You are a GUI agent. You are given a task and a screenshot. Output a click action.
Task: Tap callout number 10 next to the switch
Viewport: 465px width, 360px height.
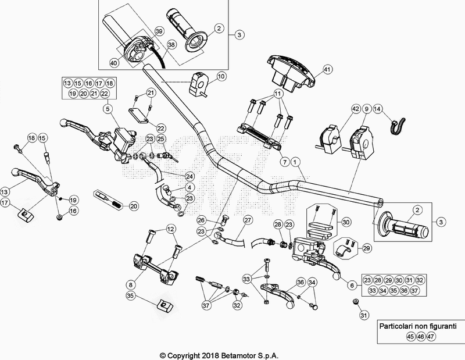[x=221, y=76]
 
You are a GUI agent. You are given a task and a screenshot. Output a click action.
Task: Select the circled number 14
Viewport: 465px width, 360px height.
[x=378, y=109]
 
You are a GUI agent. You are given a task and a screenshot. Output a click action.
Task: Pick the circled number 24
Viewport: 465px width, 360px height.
[x=189, y=176]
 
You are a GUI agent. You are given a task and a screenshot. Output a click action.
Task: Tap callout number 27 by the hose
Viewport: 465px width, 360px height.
[x=248, y=220]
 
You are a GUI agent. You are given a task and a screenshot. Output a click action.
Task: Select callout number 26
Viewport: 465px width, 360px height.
[x=201, y=220]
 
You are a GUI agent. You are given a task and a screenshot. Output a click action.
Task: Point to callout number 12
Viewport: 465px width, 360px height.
[x=170, y=229]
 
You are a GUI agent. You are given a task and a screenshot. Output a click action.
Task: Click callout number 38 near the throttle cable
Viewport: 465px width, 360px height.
[x=171, y=44]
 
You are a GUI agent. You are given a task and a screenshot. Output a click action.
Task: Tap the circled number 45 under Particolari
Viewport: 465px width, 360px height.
[x=395, y=336]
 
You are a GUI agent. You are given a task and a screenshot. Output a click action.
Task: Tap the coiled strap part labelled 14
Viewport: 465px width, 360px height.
[x=398, y=123]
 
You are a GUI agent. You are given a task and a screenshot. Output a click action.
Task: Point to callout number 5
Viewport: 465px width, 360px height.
[x=108, y=109]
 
